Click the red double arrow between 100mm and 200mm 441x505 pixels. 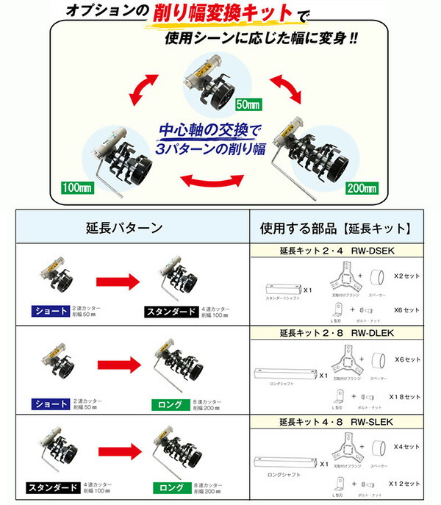click(213, 179)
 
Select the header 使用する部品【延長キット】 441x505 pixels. click(337, 229)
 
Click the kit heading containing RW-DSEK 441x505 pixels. click(337, 251)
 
